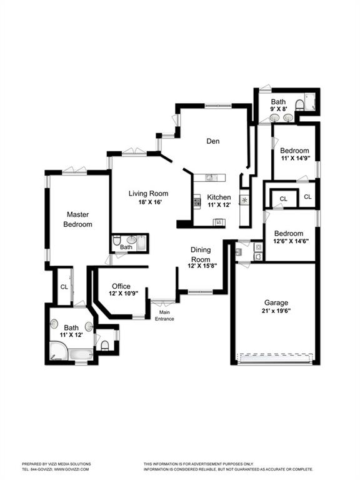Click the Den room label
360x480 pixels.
click(x=212, y=141)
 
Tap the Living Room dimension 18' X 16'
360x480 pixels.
click(x=149, y=202)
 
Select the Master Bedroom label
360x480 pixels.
click(x=77, y=219)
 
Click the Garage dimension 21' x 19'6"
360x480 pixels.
click(x=276, y=311)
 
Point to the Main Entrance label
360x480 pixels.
click(x=164, y=315)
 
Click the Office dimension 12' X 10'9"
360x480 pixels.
click(x=123, y=293)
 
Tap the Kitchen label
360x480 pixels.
click(x=219, y=197)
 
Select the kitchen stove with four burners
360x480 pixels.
click(x=197, y=202)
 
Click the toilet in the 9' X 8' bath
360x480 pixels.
click(x=299, y=105)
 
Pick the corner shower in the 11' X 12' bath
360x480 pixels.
click(x=59, y=351)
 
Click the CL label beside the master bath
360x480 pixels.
click(x=64, y=287)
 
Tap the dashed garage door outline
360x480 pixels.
click(x=276, y=358)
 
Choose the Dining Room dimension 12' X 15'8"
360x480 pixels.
click(x=202, y=266)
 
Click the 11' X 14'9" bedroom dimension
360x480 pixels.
click(x=296, y=158)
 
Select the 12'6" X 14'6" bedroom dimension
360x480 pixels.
click(x=291, y=241)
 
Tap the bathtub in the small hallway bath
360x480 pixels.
click(x=142, y=242)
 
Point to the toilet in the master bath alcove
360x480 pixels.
click(x=105, y=345)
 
